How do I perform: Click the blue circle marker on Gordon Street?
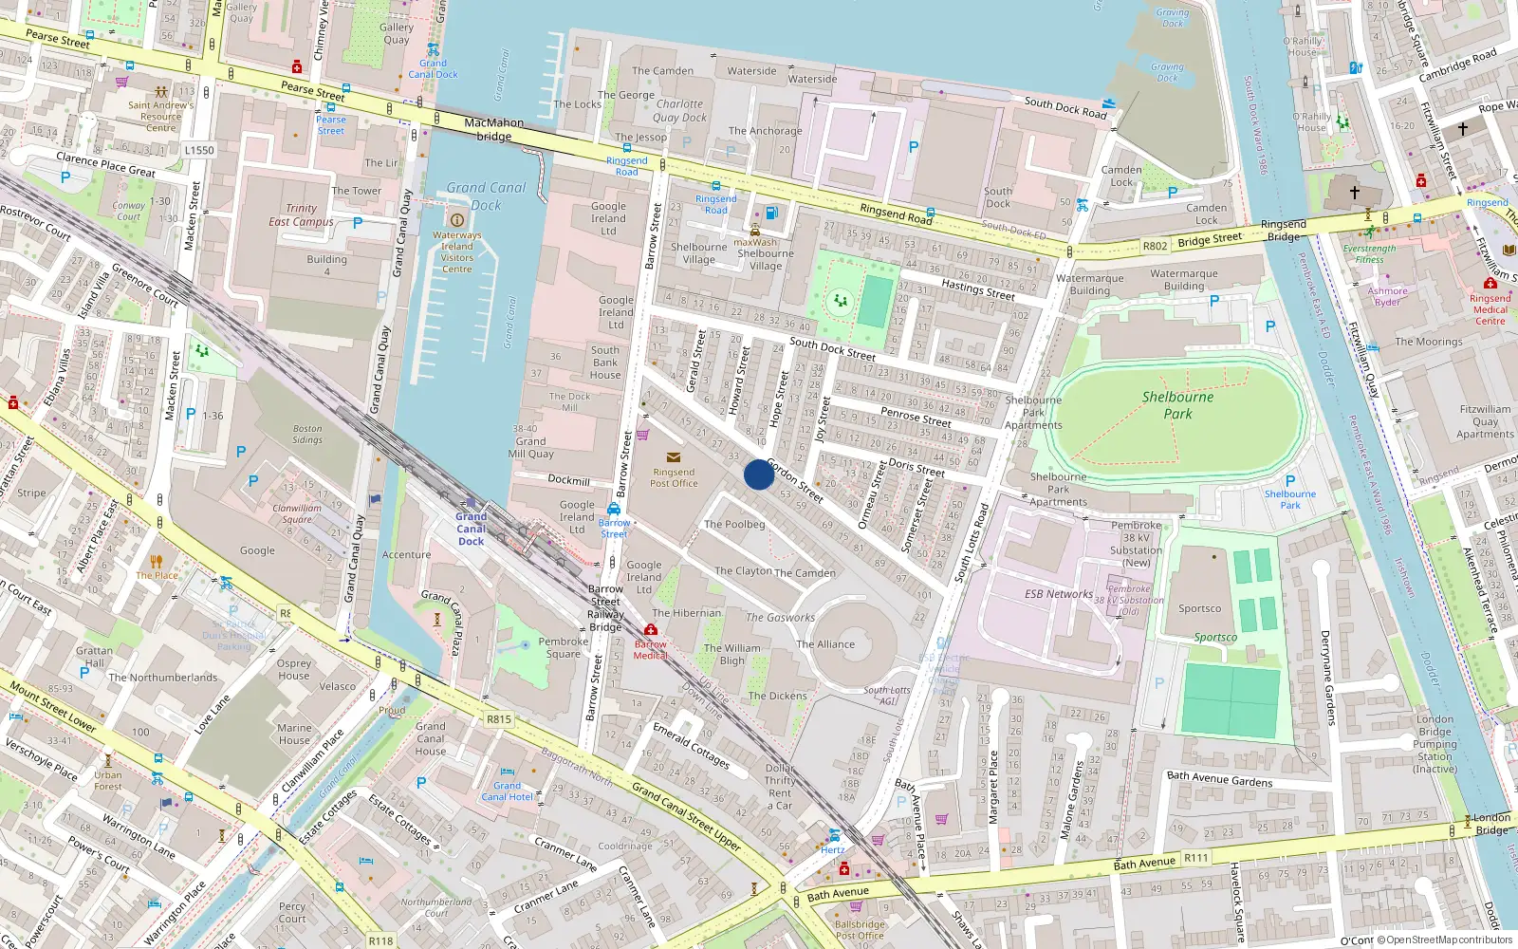pyautogui.click(x=759, y=474)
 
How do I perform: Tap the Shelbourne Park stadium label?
pyautogui.click(x=1177, y=405)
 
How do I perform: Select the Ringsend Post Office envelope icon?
pyautogui.click(x=674, y=457)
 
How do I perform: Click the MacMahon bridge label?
pyautogui.click(x=493, y=129)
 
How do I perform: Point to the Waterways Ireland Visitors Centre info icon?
pyautogui.click(x=456, y=220)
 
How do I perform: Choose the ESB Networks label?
pyautogui.click(x=1059, y=594)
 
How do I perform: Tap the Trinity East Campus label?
pyautogui.click(x=301, y=215)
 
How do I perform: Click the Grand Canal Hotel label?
pyautogui.click(x=508, y=791)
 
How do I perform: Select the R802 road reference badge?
pyautogui.click(x=1155, y=246)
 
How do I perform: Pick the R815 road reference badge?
pyautogui.click(x=499, y=719)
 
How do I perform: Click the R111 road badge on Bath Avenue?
pyautogui.click(x=1196, y=858)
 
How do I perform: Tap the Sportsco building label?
pyautogui.click(x=1200, y=609)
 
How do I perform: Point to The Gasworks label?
pyautogui.click(x=780, y=618)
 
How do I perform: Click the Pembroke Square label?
pyautogui.click(x=564, y=647)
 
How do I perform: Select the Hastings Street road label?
pyautogui.click(x=978, y=289)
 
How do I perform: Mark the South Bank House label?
pyautogui.click(x=605, y=363)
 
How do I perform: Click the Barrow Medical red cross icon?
pyautogui.click(x=651, y=630)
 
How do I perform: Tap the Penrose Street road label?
pyautogui.click(x=916, y=417)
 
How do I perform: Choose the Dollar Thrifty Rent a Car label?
pyautogui.click(x=780, y=787)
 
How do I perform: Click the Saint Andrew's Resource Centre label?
pyautogui.click(x=160, y=117)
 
